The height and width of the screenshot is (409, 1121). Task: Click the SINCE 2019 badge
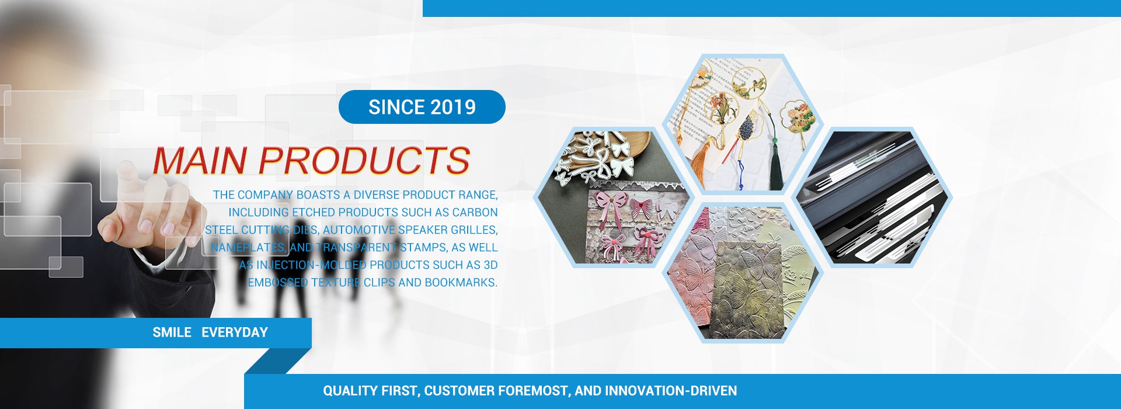click(x=422, y=107)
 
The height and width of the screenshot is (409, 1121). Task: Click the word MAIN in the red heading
click(x=200, y=161)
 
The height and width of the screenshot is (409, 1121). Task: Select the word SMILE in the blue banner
click(x=172, y=332)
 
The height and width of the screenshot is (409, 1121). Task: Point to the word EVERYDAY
click(x=235, y=332)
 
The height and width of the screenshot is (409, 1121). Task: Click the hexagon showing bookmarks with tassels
click(x=743, y=124)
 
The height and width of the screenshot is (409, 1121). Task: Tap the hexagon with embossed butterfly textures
click(x=743, y=272)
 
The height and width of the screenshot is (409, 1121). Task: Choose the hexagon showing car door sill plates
click(x=873, y=197)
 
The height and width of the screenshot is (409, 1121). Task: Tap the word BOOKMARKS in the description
click(x=461, y=283)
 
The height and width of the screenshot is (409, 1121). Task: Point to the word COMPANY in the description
click(x=265, y=195)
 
